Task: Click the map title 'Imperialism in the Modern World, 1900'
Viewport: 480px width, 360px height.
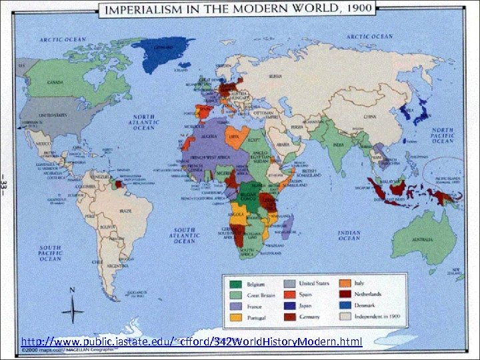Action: point(237,9)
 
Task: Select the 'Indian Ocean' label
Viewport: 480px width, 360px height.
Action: point(348,236)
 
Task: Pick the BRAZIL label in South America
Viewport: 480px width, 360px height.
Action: point(125,210)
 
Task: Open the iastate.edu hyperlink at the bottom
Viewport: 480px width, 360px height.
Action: point(191,342)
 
